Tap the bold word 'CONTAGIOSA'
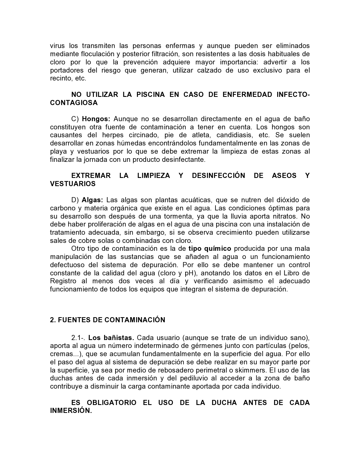pyautogui.click(x=74, y=103)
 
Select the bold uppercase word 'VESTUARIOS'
pyautogui.click(x=73, y=184)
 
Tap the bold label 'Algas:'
pyautogui.click(x=92, y=200)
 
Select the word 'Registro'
pyautogui.click(x=63, y=281)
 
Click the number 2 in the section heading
pyautogui.click(x=52, y=320)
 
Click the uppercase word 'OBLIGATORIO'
pyautogui.click(x=112, y=402)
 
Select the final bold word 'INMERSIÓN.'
pyautogui.click(x=71, y=411)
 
